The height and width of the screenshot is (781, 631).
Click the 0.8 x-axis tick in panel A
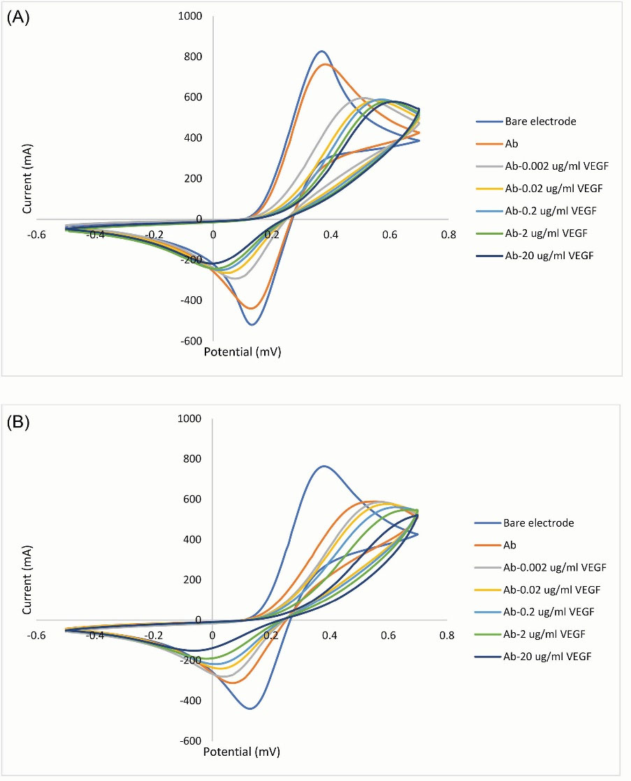coord(447,235)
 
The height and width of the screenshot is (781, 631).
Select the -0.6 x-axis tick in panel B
coord(36,636)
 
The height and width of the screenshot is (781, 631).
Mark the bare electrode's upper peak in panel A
coord(321,51)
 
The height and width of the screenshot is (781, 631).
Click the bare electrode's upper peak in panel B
coord(324,466)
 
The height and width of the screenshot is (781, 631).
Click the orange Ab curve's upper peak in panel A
coord(326,64)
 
